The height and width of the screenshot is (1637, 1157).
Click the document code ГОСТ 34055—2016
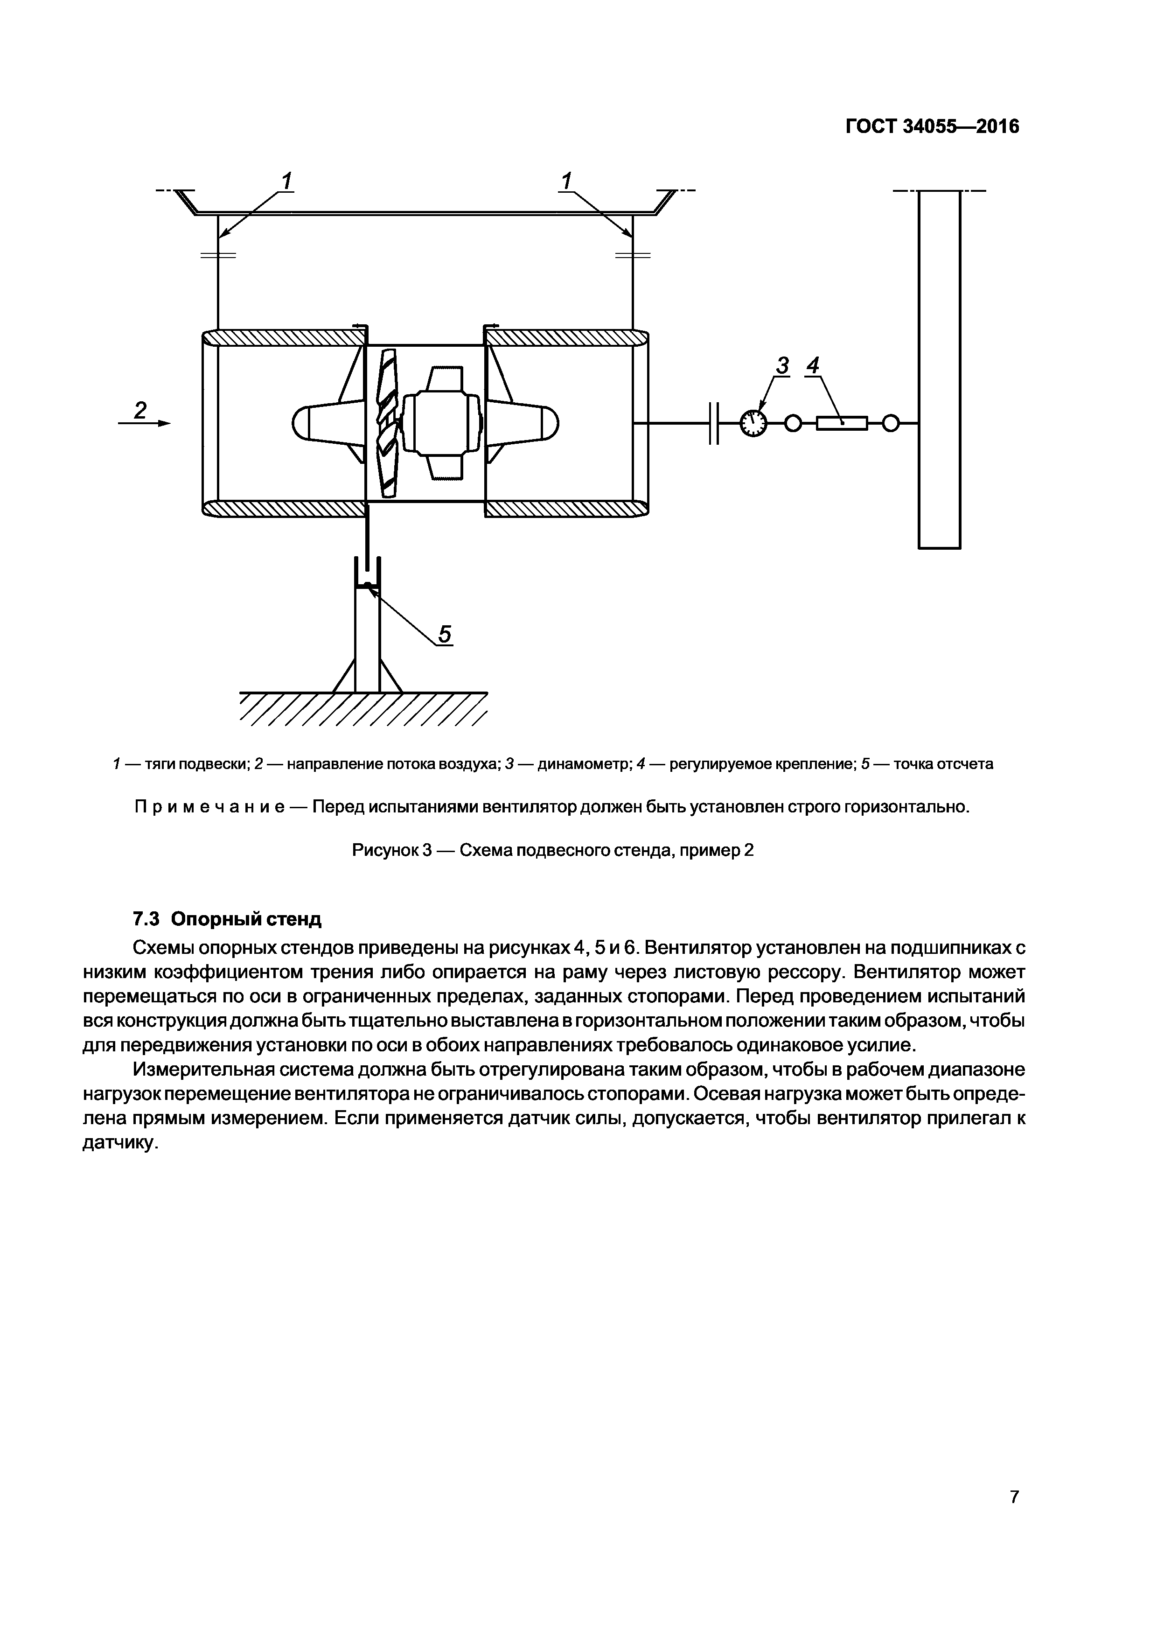pyautogui.click(x=932, y=127)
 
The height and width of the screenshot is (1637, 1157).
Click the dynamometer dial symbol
pyautogui.click(x=753, y=424)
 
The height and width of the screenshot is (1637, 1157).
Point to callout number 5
pyautogui.click(x=444, y=633)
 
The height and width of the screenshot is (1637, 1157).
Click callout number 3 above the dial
pyautogui.click(x=782, y=366)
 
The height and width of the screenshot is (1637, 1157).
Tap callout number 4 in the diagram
pyautogui.click(x=812, y=366)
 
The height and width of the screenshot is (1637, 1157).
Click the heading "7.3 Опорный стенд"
pyautogui.click(x=227, y=919)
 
